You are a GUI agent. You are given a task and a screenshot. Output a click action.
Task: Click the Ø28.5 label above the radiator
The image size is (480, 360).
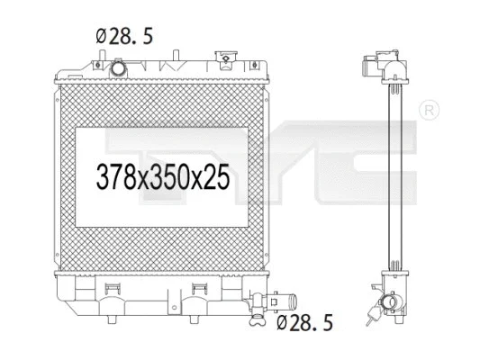(x=123, y=37)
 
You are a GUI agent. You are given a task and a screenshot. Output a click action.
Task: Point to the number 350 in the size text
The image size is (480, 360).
(x=168, y=177)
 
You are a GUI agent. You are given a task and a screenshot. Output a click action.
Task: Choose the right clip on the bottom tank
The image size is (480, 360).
(x=201, y=288)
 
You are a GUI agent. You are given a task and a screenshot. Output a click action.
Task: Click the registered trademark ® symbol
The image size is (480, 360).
(x=430, y=110)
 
